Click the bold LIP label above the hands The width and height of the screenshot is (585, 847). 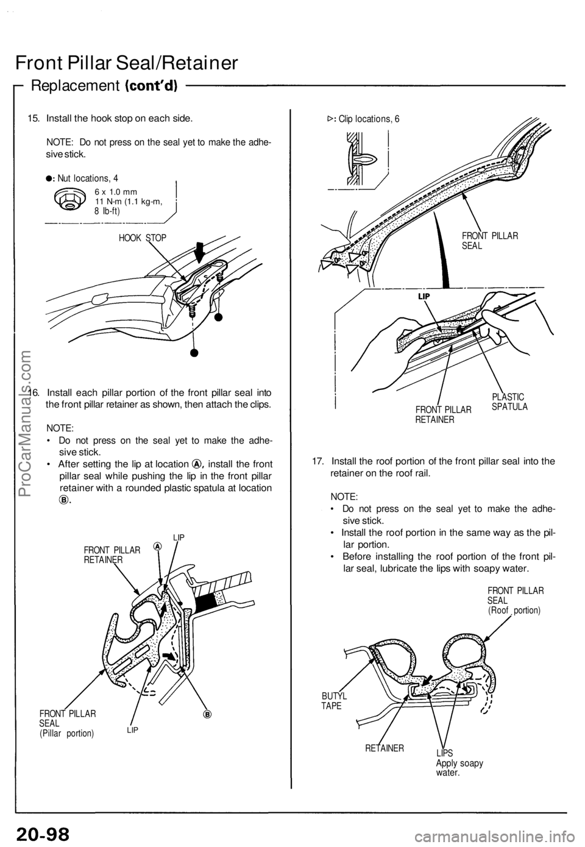tap(425, 296)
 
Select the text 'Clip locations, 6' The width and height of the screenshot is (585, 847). tap(369, 119)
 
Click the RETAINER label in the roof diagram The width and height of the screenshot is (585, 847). tap(384, 746)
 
